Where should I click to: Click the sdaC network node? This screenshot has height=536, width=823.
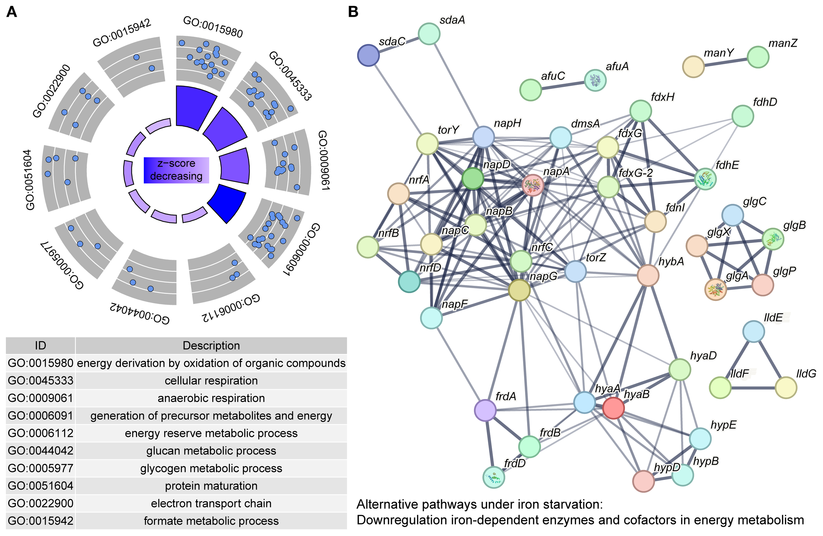click(x=368, y=55)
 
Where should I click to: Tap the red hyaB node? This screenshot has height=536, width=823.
click(x=613, y=408)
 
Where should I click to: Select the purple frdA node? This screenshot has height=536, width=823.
click(x=485, y=411)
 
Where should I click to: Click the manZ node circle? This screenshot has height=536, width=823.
click(x=758, y=57)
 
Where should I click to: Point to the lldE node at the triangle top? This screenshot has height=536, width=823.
click(x=754, y=332)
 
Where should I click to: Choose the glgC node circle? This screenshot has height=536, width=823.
click(x=733, y=215)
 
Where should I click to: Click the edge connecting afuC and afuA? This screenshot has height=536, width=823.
click(x=563, y=85)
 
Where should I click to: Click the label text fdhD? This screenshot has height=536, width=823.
click(x=765, y=102)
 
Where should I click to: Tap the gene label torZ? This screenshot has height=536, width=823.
click(x=596, y=257)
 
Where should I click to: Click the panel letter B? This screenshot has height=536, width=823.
click(x=353, y=12)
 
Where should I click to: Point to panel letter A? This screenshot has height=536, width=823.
click(x=12, y=12)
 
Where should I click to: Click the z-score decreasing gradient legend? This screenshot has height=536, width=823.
click(x=176, y=170)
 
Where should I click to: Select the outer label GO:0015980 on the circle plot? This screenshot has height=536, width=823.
click(x=213, y=27)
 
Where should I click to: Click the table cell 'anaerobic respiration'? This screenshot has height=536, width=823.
click(x=211, y=398)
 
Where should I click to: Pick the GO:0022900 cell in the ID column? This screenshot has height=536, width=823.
click(x=40, y=503)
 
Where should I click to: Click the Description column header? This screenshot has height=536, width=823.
click(x=211, y=345)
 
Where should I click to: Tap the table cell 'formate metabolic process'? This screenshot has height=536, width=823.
click(x=211, y=521)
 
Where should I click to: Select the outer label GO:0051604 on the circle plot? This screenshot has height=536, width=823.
click(x=30, y=180)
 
